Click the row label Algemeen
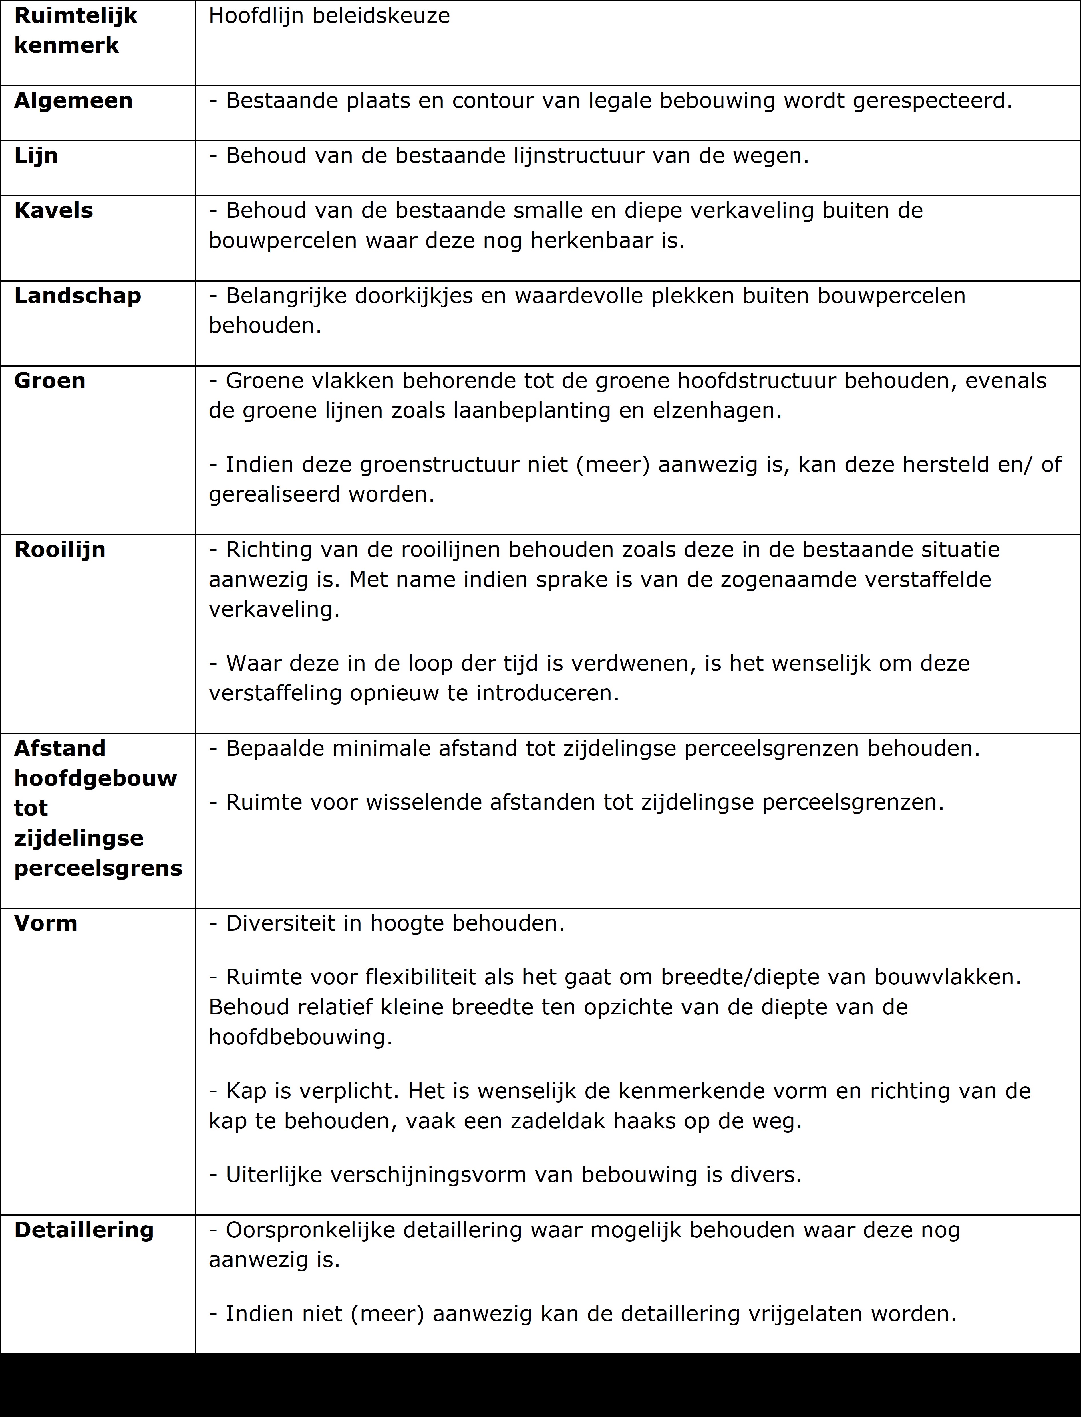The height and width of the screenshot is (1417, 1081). point(73,101)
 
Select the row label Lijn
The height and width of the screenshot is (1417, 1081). point(36,156)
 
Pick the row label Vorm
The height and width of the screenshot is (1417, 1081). point(46,923)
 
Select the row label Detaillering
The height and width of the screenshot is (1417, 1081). point(84,1230)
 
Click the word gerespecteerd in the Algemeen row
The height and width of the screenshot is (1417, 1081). point(932,101)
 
